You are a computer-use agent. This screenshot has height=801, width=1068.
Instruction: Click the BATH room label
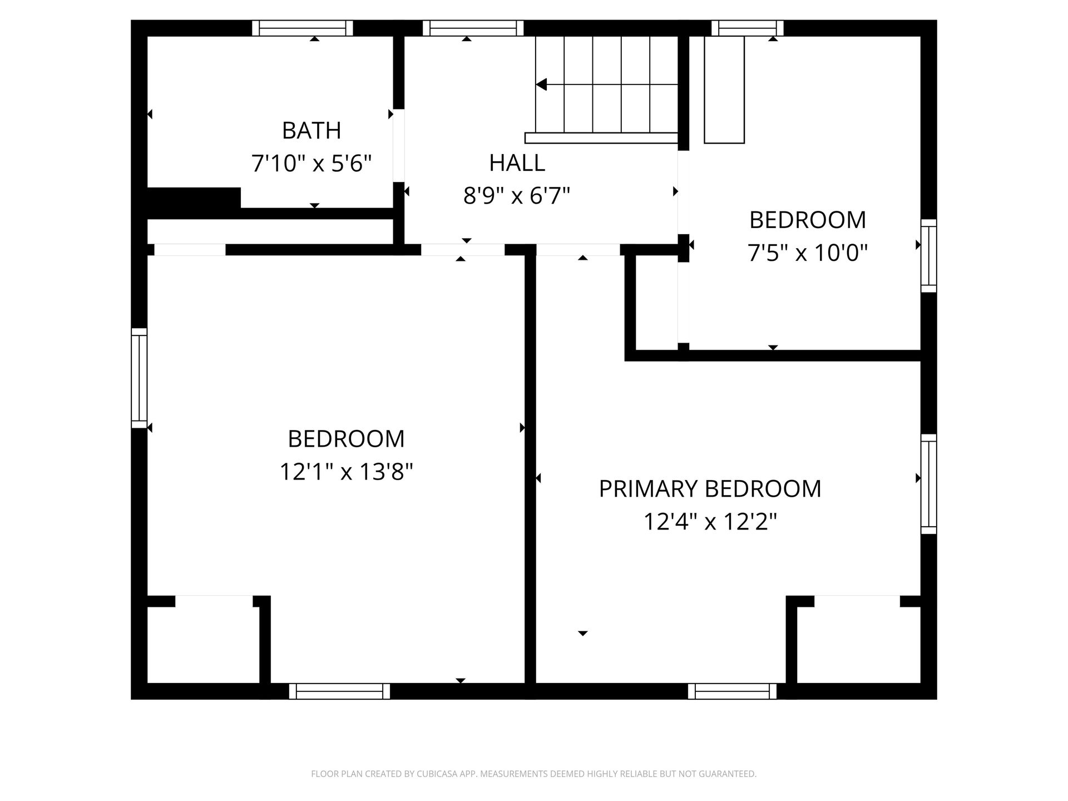point(311,131)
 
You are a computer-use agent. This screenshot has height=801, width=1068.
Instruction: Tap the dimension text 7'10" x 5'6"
point(311,164)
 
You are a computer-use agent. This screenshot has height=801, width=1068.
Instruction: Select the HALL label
point(517,163)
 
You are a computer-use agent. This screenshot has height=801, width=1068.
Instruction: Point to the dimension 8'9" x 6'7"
point(517,196)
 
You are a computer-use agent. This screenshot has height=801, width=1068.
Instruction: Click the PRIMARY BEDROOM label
point(710,489)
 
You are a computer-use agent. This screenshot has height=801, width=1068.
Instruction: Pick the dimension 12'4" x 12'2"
point(710,522)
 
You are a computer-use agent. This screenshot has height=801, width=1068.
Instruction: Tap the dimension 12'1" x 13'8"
point(346,472)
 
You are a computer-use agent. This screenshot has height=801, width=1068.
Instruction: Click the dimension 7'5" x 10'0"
point(808,253)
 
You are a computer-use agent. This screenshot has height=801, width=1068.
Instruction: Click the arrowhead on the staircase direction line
point(541,85)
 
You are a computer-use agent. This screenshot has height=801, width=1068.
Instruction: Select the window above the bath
point(303,28)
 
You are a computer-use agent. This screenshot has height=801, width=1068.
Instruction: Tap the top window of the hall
point(473,28)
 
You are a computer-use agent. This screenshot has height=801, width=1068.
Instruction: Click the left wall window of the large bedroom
point(139,378)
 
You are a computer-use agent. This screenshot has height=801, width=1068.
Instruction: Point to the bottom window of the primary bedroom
point(732,691)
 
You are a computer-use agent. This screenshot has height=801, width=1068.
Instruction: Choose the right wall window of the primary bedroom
point(928,484)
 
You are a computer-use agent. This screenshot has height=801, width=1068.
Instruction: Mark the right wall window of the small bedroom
point(928,256)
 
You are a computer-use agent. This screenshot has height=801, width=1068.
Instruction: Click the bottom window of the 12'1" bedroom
point(339,691)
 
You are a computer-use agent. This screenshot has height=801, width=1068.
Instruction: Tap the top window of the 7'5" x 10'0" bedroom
point(748,28)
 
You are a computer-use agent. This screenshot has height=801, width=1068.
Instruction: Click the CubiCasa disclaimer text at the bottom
point(533,774)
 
